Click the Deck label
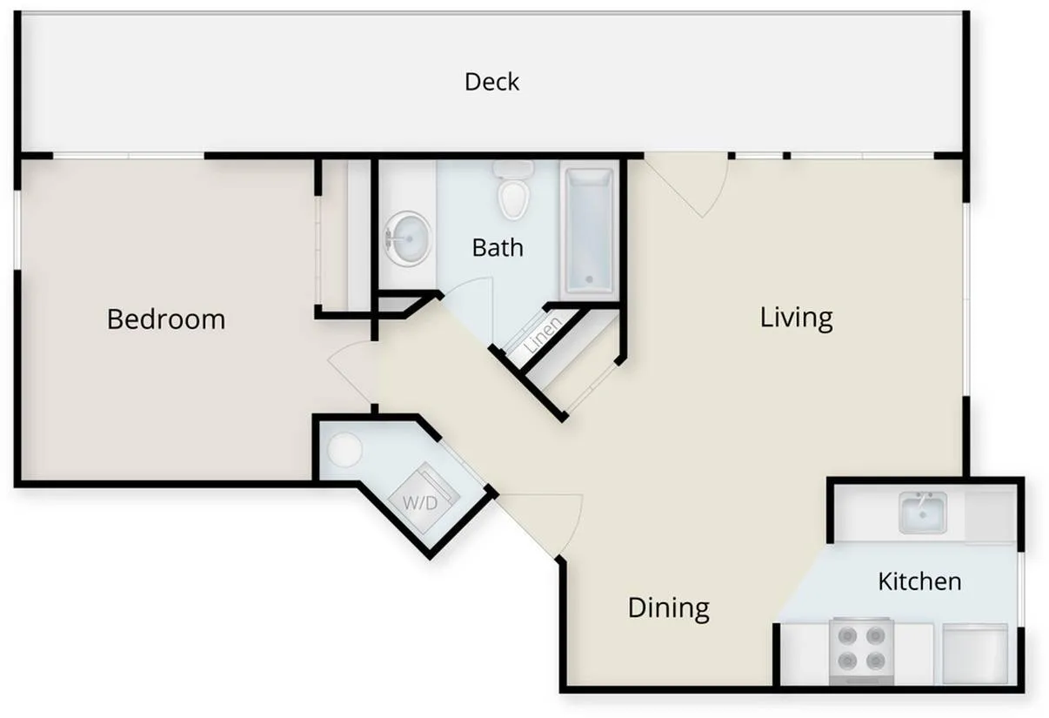coord(491,82)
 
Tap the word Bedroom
coord(166,319)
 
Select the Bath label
coord(498,248)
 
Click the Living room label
coord(796,317)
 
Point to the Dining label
coord(668,607)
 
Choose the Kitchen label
coord(919,581)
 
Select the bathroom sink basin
coord(407,238)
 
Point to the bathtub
coord(590,231)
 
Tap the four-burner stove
coord(861,649)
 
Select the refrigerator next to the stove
coord(975,653)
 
